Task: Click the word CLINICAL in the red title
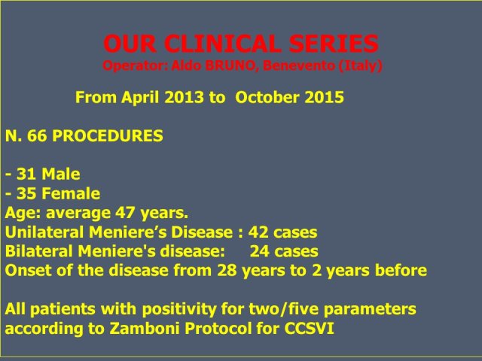coord(224,44)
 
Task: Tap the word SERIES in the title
coord(334,44)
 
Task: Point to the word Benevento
coord(298,65)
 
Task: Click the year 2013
coord(184,97)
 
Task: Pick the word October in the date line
coord(267,97)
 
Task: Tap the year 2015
coord(324,97)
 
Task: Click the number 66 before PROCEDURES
coord(37,135)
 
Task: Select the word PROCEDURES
coord(108,135)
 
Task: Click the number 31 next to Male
coord(26,174)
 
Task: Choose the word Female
coord(71,193)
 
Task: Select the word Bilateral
coord(39,251)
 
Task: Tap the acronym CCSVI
coord(310,329)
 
